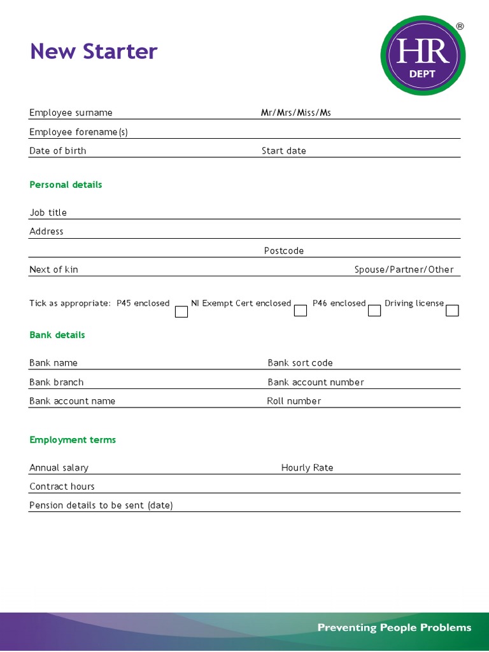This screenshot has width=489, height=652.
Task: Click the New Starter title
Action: pos(94,52)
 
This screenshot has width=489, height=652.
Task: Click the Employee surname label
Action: pos(71,113)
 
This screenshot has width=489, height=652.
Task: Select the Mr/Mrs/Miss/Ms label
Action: pos(295,113)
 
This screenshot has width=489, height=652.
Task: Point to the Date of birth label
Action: pos(57,151)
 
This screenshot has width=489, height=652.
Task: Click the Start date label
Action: pos(283,151)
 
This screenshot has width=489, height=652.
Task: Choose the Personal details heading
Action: pos(66,185)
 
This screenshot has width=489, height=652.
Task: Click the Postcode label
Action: pos(284,251)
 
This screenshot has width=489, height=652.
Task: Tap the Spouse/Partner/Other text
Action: pos(404,269)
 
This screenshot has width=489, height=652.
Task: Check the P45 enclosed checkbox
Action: pos(181,311)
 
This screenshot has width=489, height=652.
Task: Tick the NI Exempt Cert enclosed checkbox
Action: pos(301,311)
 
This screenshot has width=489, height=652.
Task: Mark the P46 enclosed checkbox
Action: pos(374,311)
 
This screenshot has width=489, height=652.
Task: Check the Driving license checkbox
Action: pos(452,311)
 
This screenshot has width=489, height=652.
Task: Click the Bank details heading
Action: pos(57,335)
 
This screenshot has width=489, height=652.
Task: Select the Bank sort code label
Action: pos(300,363)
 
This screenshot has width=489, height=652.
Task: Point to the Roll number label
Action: pos(294,401)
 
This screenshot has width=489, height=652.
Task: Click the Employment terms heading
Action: pos(73,440)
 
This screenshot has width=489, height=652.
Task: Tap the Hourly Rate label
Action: pos(307,468)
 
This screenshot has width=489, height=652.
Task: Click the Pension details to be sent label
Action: pos(101,506)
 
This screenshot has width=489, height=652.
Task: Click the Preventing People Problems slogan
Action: pos(394,628)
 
